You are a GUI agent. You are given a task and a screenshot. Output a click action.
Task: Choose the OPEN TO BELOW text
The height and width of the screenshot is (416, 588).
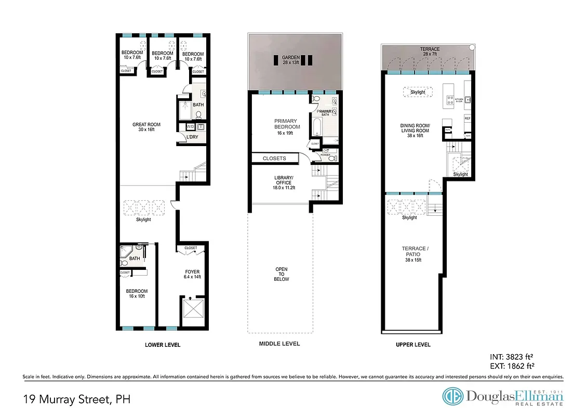pyautogui.click(x=281, y=274)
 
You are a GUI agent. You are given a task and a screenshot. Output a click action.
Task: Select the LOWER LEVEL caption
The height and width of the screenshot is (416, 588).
pyautogui.click(x=163, y=345)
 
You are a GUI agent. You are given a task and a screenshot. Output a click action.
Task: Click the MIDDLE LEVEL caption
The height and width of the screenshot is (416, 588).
pyautogui.click(x=279, y=344)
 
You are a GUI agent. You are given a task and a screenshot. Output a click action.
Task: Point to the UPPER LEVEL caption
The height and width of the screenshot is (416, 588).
pyautogui.click(x=412, y=345)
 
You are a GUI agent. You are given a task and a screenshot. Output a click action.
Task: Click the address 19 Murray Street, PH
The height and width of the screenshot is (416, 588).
pyautogui.click(x=77, y=399)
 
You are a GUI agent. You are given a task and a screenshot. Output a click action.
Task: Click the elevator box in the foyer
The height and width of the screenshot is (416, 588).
pyautogui.click(x=192, y=312)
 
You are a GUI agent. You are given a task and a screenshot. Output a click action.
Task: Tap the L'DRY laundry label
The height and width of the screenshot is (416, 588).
pyautogui.click(x=192, y=137)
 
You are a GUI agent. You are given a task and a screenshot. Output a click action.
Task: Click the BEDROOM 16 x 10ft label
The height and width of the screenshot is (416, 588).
pyautogui.click(x=137, y=294)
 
